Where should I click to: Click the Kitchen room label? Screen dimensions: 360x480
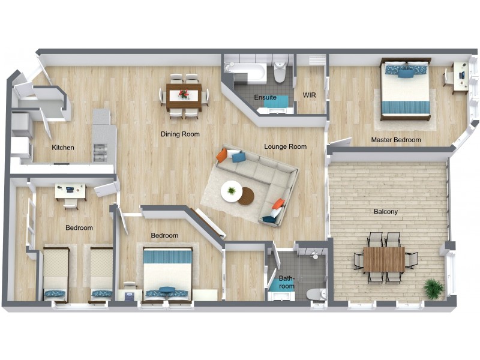[x=63, y=148]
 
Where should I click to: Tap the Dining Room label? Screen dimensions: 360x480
[x=180, y=134]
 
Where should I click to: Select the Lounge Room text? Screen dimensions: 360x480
[x=286, y=146]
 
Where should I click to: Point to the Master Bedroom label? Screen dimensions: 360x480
[x=396, y=140]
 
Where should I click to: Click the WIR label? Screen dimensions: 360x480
[x=310, y=95]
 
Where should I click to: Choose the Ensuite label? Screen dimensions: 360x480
[x=265, y=97]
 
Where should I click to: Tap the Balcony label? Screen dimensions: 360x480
[x=386, y=211]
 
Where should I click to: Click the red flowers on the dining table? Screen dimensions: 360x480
[x=184, y=94]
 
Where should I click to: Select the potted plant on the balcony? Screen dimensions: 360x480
[x=433, y=288]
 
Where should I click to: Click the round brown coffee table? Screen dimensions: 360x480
[x=245, y=196]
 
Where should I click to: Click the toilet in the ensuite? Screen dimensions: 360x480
[x=280, y=74]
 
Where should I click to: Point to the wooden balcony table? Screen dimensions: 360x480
[x=384, y=259]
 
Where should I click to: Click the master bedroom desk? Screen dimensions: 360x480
[x=460, y=77]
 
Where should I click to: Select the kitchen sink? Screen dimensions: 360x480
[x=99, y=152]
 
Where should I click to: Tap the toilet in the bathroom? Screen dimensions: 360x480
[x=314, y=293]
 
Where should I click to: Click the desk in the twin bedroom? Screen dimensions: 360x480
[x=71, y=191]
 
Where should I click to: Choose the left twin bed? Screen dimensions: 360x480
[x=56, y=273]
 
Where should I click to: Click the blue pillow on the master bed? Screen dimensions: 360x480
[x=406, y=73]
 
